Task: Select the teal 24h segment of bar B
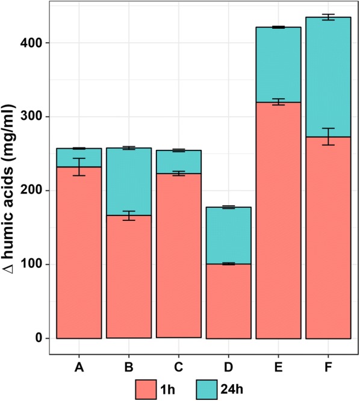click(x=129, y=181)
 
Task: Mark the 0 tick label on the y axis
click(x=40, y=338)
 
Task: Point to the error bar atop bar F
click(x=328, y=17)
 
